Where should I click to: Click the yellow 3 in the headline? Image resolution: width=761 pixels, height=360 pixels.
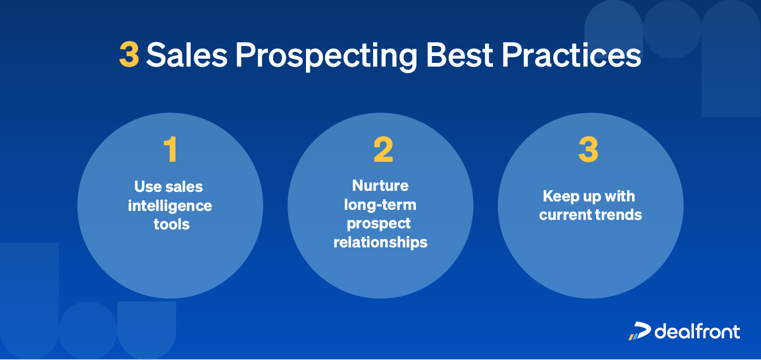click(129, 55)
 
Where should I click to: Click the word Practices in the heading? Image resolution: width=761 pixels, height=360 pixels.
click(571, 55)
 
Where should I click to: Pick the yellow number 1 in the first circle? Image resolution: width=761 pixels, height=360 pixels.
click(170, 150)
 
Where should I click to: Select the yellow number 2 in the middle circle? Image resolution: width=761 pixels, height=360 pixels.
click(383, 150)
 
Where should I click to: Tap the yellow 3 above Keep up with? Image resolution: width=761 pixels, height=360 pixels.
click(588, 150)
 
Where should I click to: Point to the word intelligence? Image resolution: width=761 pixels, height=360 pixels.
click(170, 206)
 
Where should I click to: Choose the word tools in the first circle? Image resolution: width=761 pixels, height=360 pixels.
click(171, 224)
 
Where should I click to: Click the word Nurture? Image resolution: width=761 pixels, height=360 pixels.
click(380, 186)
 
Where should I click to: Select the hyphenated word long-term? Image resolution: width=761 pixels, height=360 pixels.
click(380, 205)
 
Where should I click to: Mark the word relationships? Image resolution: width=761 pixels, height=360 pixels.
click(380, 243)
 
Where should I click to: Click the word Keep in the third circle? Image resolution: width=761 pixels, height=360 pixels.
click(560, 197)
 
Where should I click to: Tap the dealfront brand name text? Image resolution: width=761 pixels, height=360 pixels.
click(697, 331)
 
